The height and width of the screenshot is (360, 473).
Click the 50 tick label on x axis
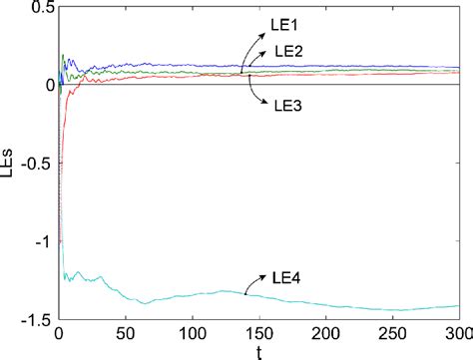pyautogui.click(x=126, y=331)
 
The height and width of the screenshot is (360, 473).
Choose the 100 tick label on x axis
pyautogui.click(x=193, y=331)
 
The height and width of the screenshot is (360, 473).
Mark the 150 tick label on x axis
pyautogui.click(x=259, y=331)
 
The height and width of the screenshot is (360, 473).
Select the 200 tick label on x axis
pyautogui.click(x=326, y=331)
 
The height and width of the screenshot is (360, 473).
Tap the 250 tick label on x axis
pyautogui.click(x=393, y=331)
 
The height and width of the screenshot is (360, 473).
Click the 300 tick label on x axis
pyautogui.click(x=457, y=331)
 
